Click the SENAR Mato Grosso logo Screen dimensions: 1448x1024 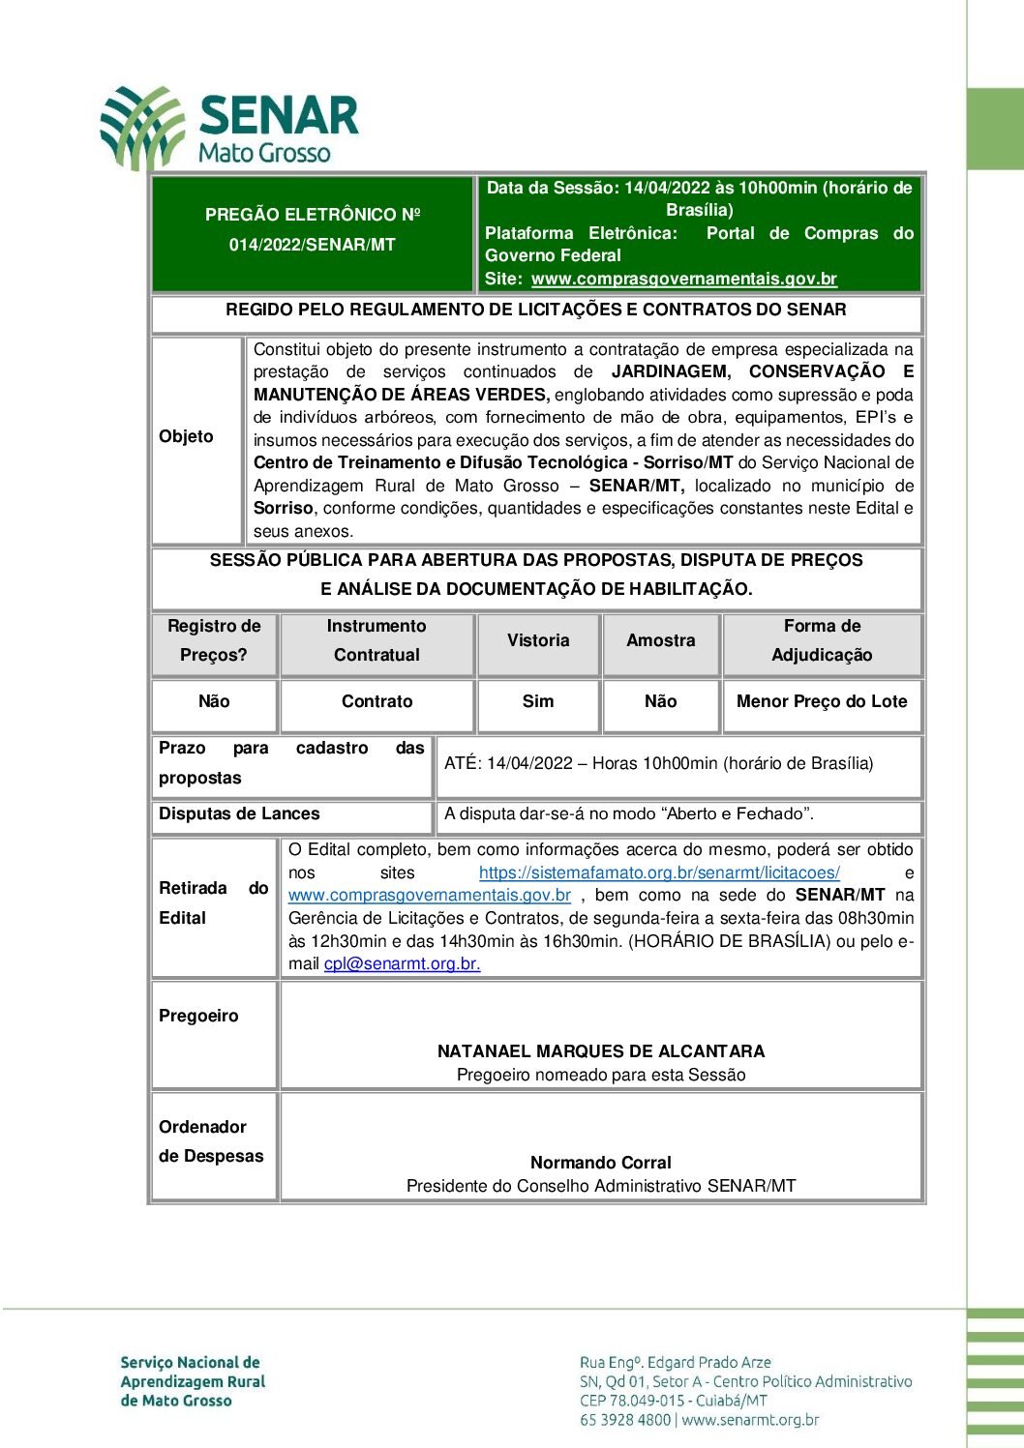[x=229, y=128]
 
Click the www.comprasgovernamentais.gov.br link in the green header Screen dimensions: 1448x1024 [x=683, y=279]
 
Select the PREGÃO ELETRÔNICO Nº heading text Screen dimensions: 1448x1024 [x=312, y=215]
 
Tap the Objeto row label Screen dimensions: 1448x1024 [x=186, y=436]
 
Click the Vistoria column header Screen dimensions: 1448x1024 [x=538, y=640]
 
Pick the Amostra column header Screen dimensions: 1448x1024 [x=660, y=640]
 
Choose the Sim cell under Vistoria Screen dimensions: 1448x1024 [x=538, y=701]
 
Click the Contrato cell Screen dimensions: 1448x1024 [x=376, y=701]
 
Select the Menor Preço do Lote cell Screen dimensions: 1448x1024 [x=822, y=701]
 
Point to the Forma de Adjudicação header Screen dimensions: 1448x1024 [x=822, y=640]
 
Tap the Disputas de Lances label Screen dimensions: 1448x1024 [x=239, y=813]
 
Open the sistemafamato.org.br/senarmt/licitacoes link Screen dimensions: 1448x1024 [x=659, y=872]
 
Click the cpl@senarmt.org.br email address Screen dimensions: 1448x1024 [x=402, y=963]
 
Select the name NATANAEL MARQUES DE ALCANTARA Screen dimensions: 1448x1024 [x=600, y=1051]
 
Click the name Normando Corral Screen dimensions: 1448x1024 [x=600, y=1163]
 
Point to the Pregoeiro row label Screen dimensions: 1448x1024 [x=198, y=1016]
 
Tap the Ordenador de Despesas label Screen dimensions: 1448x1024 [x=210, y=1141]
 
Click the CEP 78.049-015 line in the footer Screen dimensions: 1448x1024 [x=673, y=1401]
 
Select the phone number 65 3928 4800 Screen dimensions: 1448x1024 [x=624, y=1420]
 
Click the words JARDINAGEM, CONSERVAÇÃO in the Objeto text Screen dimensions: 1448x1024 [x=747, y=371]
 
